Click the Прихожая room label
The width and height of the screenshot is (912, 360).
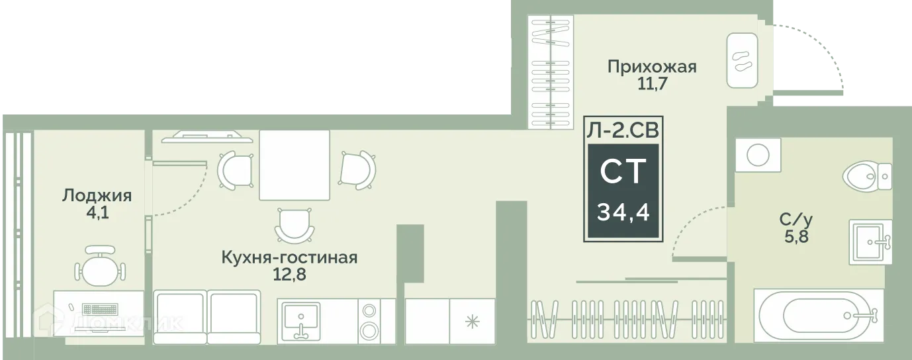[652, 67]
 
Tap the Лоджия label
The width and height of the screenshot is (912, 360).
[97, 195]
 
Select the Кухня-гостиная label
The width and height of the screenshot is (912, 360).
[290, 257]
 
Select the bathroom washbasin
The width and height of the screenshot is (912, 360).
[869, 242]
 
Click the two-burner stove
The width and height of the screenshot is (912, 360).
[368, 321]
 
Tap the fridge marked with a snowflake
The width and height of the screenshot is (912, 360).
[472, 321]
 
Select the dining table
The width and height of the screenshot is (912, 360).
[294, 165]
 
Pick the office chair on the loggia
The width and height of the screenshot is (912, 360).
[99, 265]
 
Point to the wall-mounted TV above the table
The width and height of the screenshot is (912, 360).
[205, 138]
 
